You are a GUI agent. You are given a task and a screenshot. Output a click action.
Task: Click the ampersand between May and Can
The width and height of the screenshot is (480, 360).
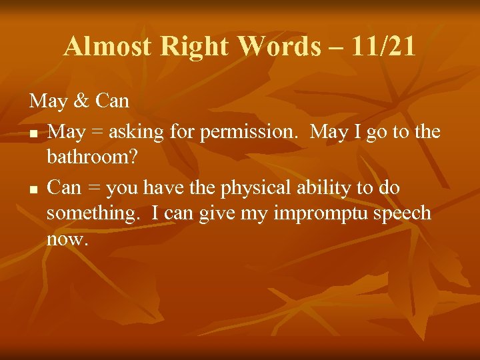click(81, 101)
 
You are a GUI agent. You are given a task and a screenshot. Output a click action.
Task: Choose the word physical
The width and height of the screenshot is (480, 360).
click(256, 188)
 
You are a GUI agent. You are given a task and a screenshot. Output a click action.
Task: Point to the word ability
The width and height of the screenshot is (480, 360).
click(327, 188)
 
